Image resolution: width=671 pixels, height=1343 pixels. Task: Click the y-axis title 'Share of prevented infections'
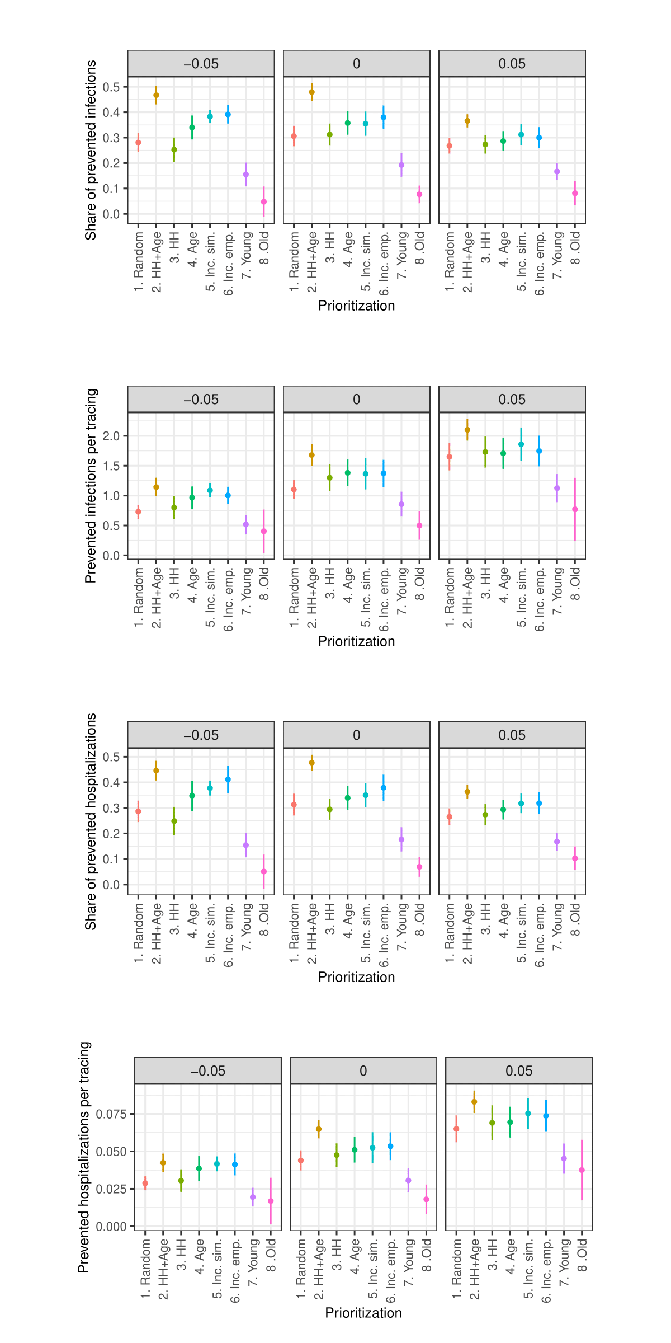coord(91,150)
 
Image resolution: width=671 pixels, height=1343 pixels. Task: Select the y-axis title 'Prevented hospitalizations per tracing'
coord(84,1157)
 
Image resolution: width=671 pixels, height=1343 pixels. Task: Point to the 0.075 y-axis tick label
coord(111,1114)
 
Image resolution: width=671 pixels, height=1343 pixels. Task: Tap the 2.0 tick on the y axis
coord(111,436)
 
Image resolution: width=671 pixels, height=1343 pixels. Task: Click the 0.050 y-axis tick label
coord(111,1151)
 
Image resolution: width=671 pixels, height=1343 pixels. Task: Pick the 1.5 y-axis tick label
coord(111,466)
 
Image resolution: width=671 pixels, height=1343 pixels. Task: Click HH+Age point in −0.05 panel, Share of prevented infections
coord(156,95)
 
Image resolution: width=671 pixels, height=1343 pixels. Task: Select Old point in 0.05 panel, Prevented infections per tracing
coord(575,509)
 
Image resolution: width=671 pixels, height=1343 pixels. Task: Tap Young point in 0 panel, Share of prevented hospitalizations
coord(401,839)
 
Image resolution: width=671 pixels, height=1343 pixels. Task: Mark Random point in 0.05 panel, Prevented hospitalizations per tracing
coord(456,1129)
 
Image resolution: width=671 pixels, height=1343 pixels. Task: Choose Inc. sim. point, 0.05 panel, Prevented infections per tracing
coord(521,444)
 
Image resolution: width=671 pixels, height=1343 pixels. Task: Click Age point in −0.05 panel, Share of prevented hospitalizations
coord(192,796)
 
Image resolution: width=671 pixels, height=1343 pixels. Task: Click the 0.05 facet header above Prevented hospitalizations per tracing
coord(519,1070)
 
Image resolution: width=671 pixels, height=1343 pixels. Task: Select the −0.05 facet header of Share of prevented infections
coord(201,63)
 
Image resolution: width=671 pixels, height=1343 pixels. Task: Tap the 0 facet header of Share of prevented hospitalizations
coord(357,735)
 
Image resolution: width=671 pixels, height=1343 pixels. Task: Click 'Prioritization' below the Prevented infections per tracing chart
coord(357,641)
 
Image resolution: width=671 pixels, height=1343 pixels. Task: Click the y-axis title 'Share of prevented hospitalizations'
coord(91,821)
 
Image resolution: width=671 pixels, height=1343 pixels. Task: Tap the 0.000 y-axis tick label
coord(111,1226)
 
